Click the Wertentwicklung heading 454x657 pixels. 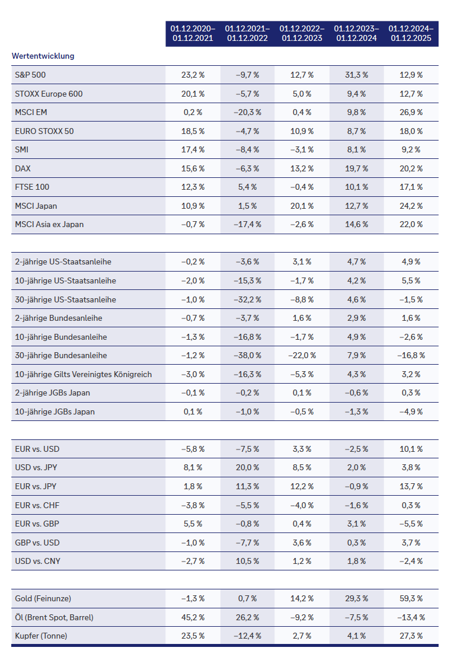pyautogui.click(x=43, y=56)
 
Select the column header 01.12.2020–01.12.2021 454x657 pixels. pyautogui.click(x=193, y=33)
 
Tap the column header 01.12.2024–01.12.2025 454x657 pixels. pyautogui.click(x=411, y=33)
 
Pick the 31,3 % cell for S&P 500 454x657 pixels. pyautogui.click(x=356, y=75)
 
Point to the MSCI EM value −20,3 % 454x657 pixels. pyautogui.click(x=247, y=113)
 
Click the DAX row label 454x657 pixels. pyautogui.click(x=23, y=168)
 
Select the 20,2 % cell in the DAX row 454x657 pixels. pyautogui.click(x=411, y=168)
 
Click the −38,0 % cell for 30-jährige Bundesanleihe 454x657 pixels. pyautogui.click(x=247, y=356)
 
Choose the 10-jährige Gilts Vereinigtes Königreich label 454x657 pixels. pyautogui.click(x=84, y=374)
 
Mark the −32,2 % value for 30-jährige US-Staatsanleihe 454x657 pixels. pyautogui.click(x=247, y=299)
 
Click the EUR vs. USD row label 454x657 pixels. pyautogui.click(x=37, y=449)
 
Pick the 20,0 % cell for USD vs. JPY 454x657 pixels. pyautogui.click(x=247, y=468)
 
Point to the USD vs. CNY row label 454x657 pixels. pyautogui.click(x=37, y=561)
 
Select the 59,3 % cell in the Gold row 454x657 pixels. pyautogui.click(x=411, y=599)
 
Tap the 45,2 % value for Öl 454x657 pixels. pyautogui.click(x=193, y=617)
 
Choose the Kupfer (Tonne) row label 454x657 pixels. pyautogui.click(x=41, y=636)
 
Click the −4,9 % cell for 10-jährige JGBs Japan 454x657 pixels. pyautogui.click(x=411, y=412)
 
